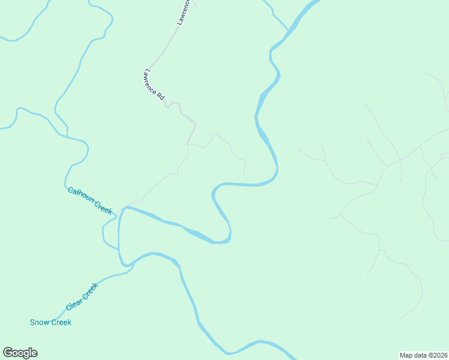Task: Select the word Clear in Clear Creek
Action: pyautogui.click(x=73, y=303)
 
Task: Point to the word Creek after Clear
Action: pyautogui.click(x=89, y=291)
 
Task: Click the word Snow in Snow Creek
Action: pyautogui.click(x=40, y=323)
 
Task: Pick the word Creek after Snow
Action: pyautogui.click(x=61, y=323)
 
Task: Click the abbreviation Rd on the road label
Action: pyautogui.click(x=161, y=95)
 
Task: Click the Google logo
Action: pyautogui.click(x=20, y=353)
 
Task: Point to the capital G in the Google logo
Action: pyautogui.click(x=8, y=352)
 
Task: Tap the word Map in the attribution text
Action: pyautogui.click(x=407, y=355)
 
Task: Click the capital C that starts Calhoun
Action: pyautogui.click(x=70, y=190)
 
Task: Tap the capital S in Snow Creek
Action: pyautogui.click(x=32, y=323)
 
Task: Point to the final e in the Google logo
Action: pyautogui.click(x=34, y=353)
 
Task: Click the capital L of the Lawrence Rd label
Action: pyautogui.click(x=145, y=71)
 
